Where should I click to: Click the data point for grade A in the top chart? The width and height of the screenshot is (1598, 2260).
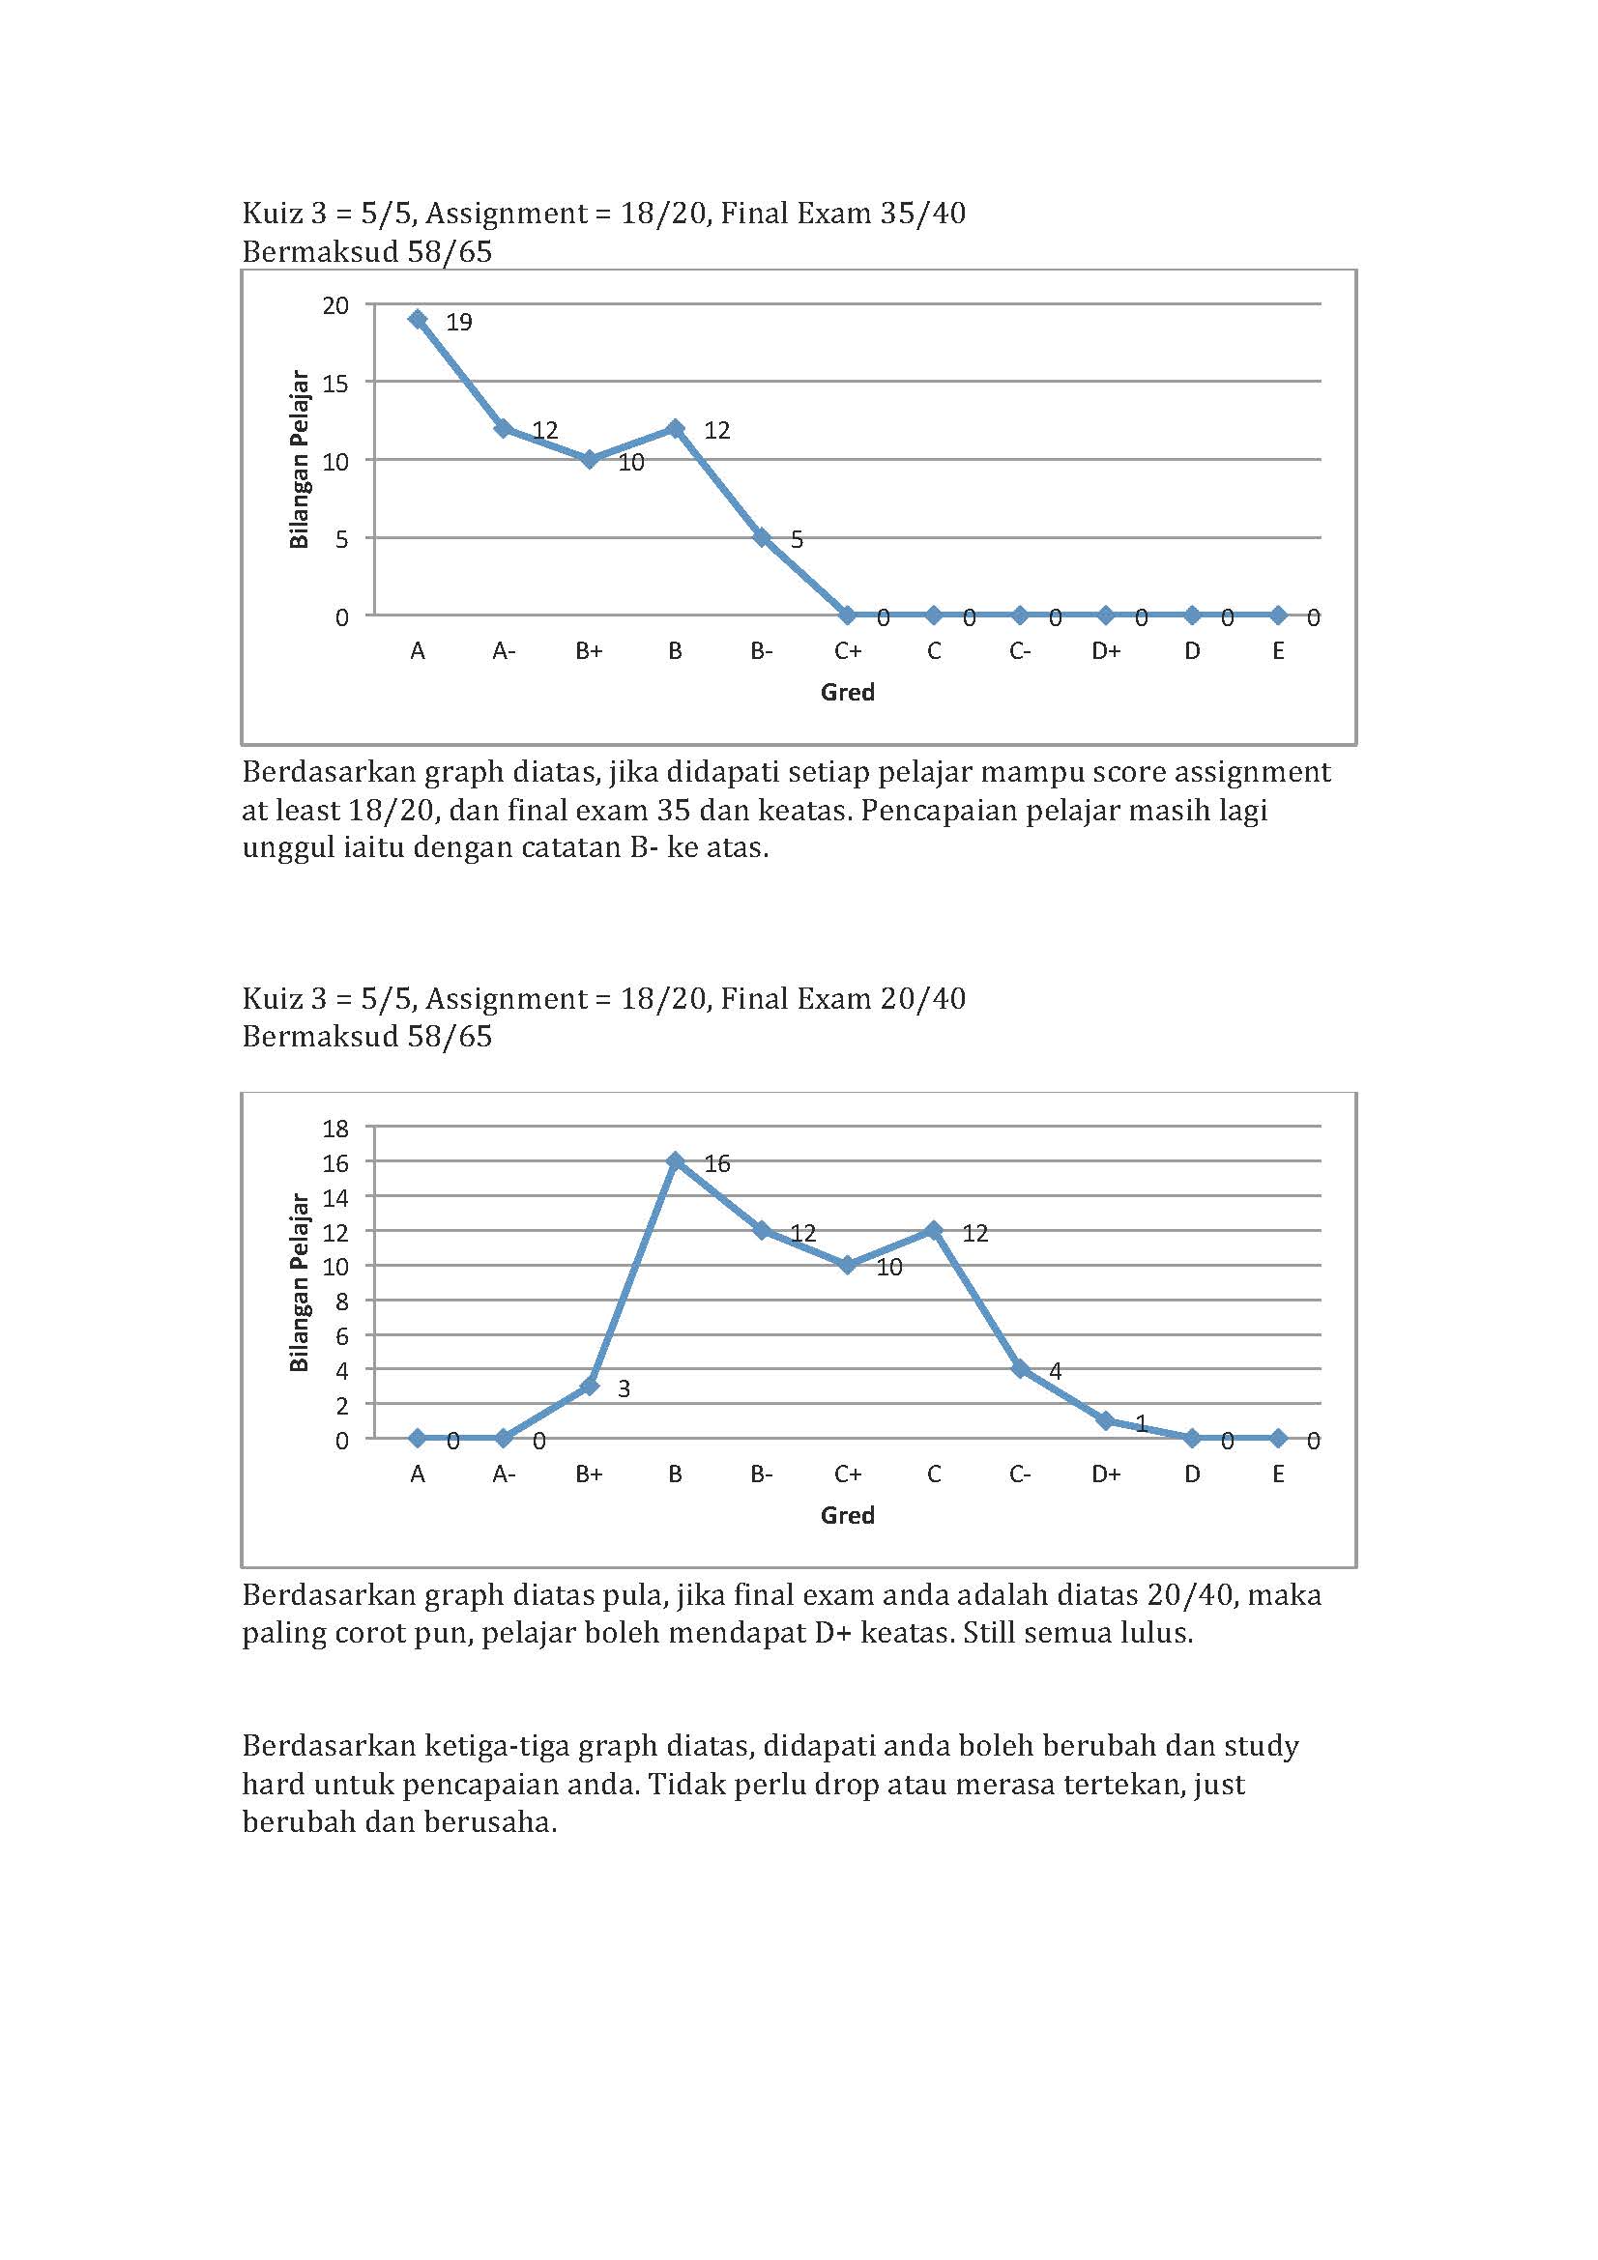[x=418, y=319]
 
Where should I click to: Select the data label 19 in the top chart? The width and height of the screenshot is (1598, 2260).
[x=459, y=322]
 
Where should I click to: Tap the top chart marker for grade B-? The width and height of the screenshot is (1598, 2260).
[x=761, y=537]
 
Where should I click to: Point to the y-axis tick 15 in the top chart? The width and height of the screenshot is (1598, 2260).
[x=335, y=383]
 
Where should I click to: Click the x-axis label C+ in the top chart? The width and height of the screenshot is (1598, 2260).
[x=848, y=650]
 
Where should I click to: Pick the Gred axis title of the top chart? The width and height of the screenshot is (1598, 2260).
[x=847, y=692]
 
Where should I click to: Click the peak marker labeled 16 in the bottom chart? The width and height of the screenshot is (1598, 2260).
[x=676, y=1161]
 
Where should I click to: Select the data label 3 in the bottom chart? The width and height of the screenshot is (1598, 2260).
[x=624, y=1387]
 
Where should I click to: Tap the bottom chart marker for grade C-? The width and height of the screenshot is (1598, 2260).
[x=1020, y=1368]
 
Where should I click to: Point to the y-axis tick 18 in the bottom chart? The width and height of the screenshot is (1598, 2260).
[x=335, y=1128]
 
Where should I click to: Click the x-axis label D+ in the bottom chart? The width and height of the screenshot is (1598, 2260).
[x=1106, y=1473]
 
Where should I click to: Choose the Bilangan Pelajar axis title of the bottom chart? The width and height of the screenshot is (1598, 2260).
[x=300, y=1282]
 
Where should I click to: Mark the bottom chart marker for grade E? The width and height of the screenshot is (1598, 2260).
[x=1278, y=1438]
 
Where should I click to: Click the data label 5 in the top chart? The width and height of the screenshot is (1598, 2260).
[x=797, y=539]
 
